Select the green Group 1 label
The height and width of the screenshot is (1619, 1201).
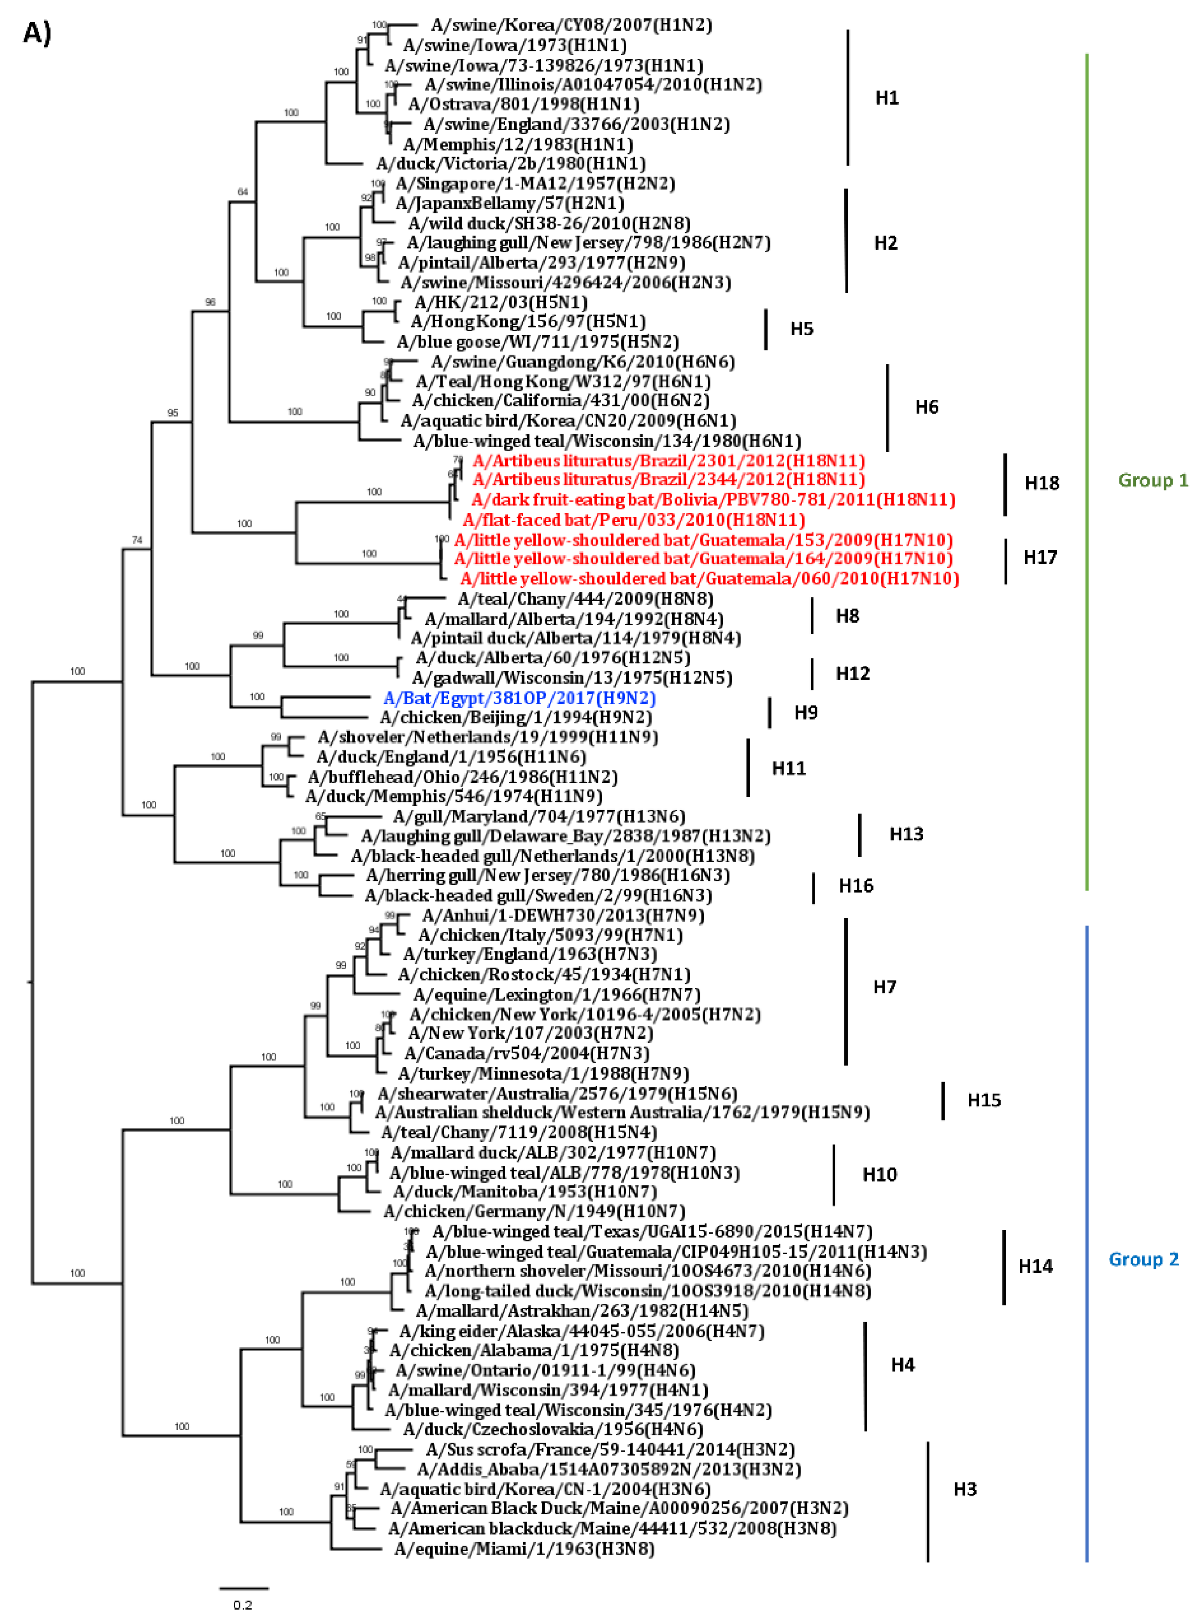(x=1152, y=480)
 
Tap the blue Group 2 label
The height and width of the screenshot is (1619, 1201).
(x=1143, y=1259)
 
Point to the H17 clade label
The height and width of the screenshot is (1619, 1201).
(x=1040, y=557)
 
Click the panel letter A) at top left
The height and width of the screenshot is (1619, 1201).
(x=37, y=33)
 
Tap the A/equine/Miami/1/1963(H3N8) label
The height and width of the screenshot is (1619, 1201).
(x=524, y=1549)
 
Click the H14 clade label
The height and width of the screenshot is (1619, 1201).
(x=1035, y=1267)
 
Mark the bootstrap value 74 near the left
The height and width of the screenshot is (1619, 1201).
(x=136, y=540)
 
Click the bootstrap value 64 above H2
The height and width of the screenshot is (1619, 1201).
(x=243, y=192)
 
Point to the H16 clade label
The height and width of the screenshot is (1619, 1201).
(x=855, y=886)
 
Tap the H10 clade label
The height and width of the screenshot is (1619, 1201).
(x=879, y=1174)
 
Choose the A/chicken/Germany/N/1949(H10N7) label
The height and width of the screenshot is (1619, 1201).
(x=534, y=1211)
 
